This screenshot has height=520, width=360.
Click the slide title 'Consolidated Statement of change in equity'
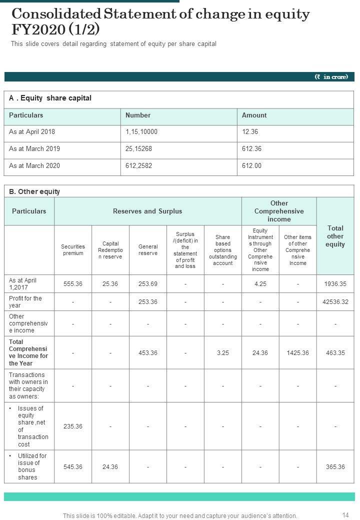click(160, 14)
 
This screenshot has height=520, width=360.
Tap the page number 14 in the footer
click(345, 515)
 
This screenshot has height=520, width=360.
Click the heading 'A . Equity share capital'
click(50, 98)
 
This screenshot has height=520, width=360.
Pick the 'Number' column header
click(138, 115)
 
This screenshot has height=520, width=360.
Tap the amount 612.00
click(251, 165)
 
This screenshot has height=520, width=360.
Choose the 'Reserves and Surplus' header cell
click(147, 211)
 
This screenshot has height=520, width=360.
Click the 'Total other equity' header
click(335, 236)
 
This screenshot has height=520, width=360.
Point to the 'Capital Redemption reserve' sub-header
click(110, 250)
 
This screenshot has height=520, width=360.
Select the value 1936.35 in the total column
click(335, 283)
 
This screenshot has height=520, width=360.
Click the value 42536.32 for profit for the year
click(335, 302)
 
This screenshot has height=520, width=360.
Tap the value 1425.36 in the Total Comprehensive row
click(297, 353)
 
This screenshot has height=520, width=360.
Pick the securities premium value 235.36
click(73, 426)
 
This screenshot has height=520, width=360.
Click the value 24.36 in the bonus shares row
click(110, 467)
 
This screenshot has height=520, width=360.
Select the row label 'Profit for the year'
click(25, 301)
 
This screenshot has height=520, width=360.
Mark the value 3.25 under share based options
click(223, 353)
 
